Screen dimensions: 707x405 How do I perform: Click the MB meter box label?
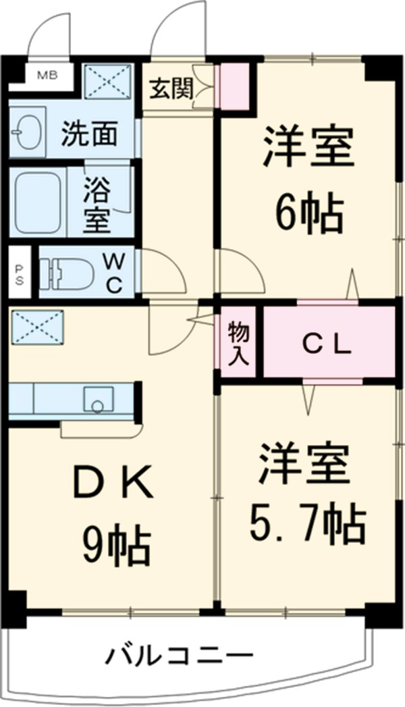click(x=46, y=75)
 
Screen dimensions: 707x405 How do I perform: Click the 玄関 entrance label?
click(x=170, y=88)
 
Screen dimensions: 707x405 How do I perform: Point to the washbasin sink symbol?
click(x=26, y=132)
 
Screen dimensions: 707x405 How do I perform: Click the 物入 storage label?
click(x=238, y=342)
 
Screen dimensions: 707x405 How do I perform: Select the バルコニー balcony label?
click(x=179, y=654)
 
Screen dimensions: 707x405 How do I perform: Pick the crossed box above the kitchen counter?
click(x=37, y=327)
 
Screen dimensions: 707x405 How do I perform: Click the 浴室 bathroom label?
click(x=98, y=203)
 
